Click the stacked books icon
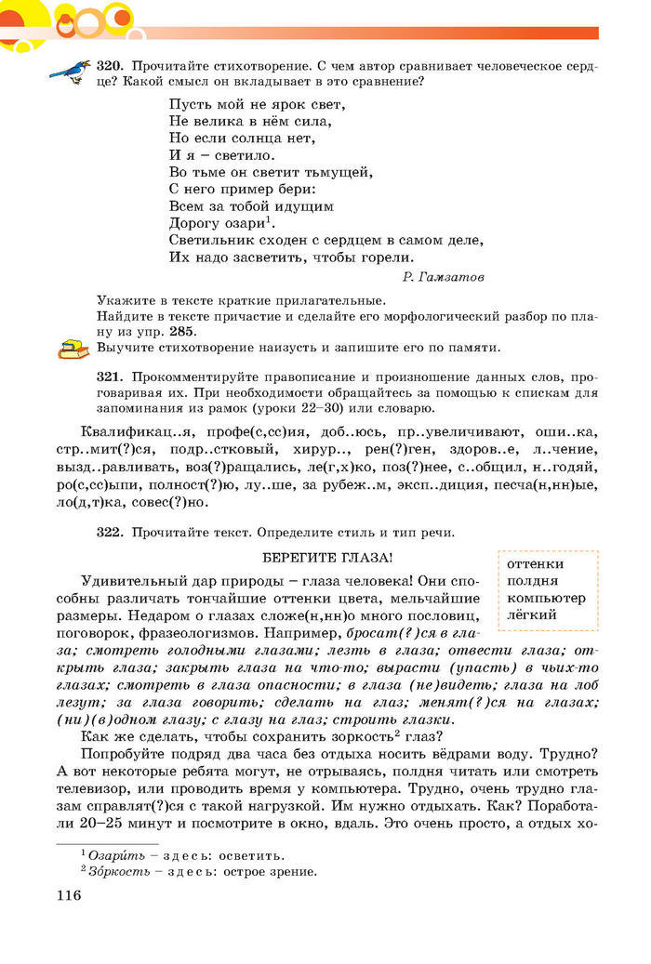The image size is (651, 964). pos(71,350)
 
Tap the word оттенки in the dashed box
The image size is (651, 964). pos(536,564)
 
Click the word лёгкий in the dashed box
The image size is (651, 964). pos(533,614)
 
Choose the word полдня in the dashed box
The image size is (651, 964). pos(534,581)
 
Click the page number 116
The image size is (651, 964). pos(69,895)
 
